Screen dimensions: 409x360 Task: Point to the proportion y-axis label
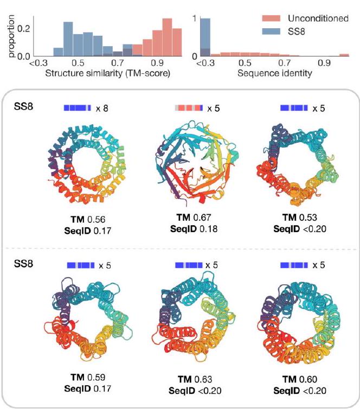(7, 36)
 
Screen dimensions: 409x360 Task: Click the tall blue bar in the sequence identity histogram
(205, 36)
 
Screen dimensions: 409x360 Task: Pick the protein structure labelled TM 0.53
(294, 161)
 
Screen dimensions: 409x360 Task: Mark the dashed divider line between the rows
(180, 248)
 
